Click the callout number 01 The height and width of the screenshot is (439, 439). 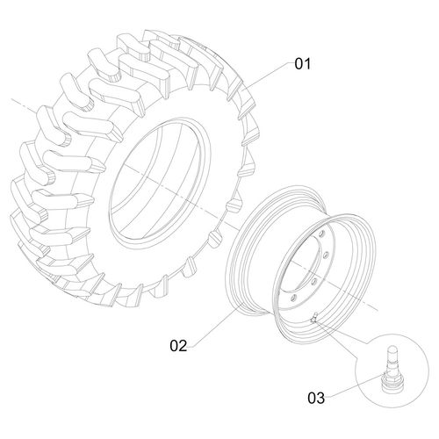click(302, 64)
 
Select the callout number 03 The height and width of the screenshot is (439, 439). click(317, 398)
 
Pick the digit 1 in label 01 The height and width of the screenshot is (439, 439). click(308, 64)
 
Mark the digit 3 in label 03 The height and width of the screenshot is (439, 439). click(322, 398)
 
